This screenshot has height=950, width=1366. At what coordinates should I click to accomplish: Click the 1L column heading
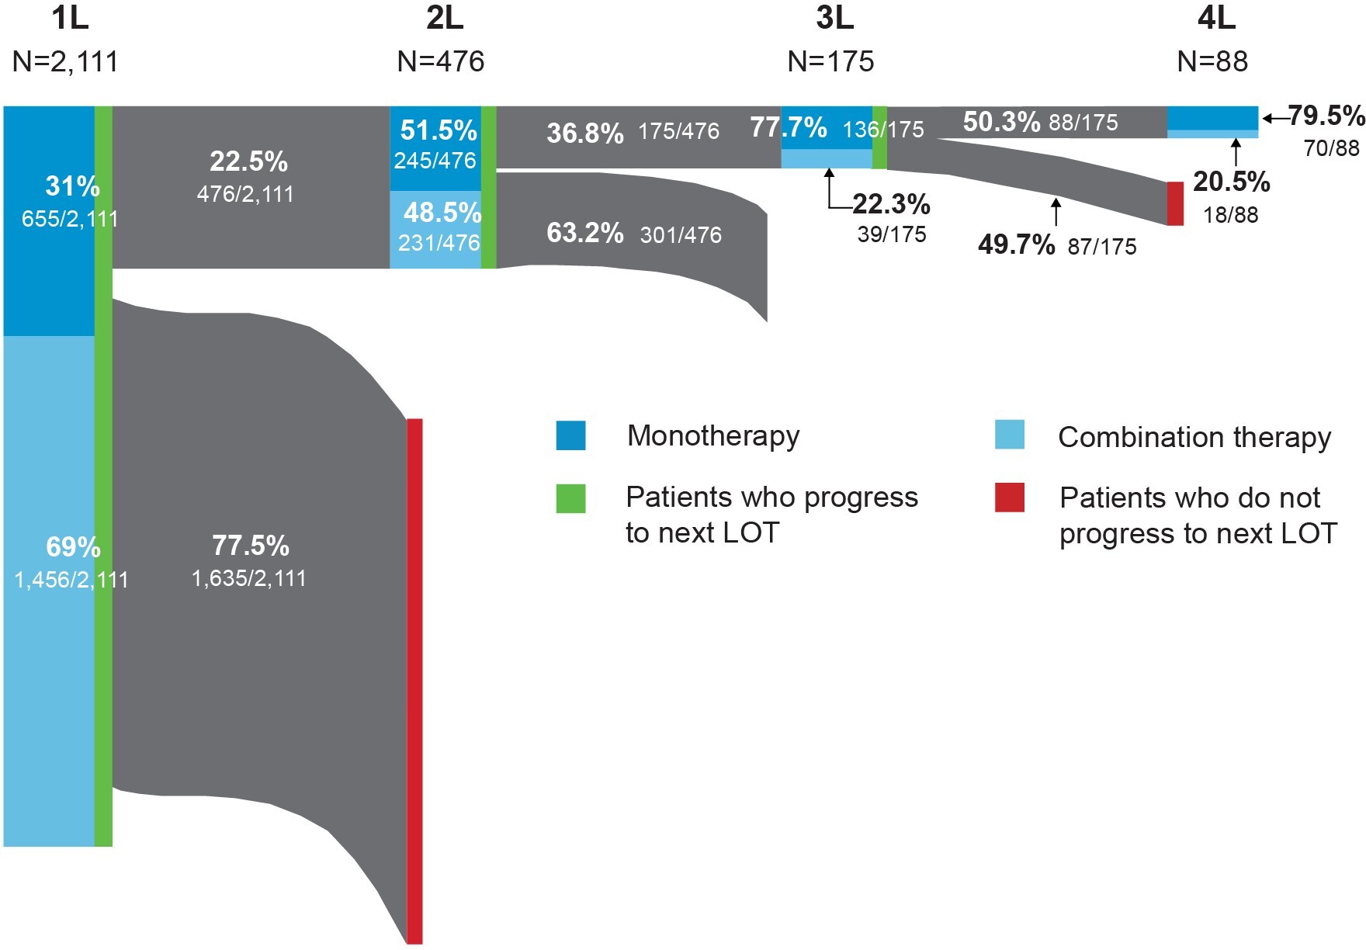point(70,19)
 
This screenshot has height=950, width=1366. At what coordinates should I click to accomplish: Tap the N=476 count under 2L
point(440,61)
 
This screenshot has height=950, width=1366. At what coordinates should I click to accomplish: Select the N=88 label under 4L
point(1212,61)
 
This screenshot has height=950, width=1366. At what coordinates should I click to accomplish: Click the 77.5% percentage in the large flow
point(250,546)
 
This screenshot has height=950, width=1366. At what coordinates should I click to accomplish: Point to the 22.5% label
point(248,161)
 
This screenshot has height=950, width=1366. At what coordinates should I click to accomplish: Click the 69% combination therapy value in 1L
point(73,547)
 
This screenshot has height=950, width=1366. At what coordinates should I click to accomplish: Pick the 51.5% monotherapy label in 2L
point(439,130)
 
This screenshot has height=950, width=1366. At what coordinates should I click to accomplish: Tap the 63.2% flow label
point(584,233)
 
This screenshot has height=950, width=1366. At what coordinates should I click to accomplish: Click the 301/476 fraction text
point(681,234)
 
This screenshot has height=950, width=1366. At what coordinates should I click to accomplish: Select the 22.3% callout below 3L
point(891,205)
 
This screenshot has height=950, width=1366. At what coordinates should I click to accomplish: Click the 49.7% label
point(1016,244)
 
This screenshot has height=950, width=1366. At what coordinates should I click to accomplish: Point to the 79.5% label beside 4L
point(1326,116)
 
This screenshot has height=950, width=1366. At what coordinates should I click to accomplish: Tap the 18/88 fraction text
point(1230,215)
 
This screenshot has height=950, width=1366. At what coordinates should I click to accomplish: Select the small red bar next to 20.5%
point(1175,203)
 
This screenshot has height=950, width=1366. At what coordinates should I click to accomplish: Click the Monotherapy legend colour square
point(570,435)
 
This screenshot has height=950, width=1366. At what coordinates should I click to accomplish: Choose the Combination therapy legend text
point(1194,437)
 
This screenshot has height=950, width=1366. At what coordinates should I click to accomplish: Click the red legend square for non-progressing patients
point(1009,498)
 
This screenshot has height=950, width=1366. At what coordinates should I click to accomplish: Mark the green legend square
point(570,498)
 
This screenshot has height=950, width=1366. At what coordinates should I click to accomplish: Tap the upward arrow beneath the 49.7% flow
point(1055,212)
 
